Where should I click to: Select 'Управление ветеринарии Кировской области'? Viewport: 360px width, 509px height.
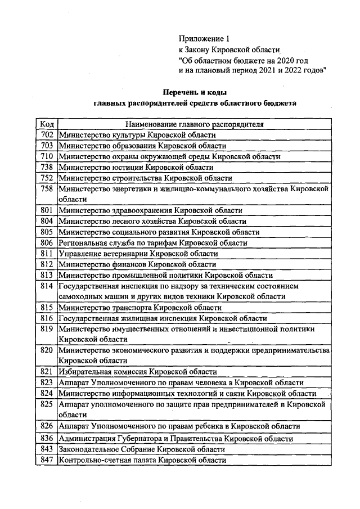point(138,253)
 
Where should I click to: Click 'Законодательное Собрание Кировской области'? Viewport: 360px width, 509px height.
point(142,449)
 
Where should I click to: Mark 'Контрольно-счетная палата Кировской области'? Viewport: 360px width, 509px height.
point(142,460)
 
